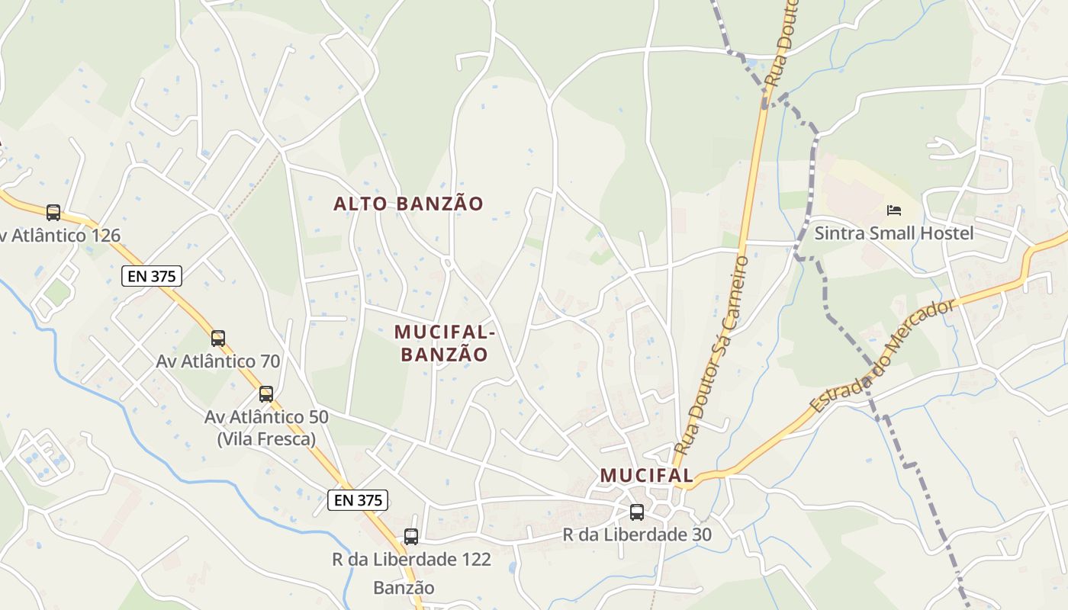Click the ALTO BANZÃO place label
click(409, 204)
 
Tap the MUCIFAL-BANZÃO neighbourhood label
click(445, 343)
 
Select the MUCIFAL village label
click(646, 476)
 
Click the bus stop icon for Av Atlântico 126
click(53, 213)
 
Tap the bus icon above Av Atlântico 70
click(218, 339)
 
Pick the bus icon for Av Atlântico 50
click(266, 394)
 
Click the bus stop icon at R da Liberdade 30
click(637, 512)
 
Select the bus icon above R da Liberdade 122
click(411, 537)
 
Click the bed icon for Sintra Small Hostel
click(894, 210)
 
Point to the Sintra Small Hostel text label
click(894, 233)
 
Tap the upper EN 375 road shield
click(152, 276)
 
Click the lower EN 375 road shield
click(359, 500)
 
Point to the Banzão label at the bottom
click(404, 588)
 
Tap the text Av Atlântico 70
click(218, 361)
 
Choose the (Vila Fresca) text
click(266, 439)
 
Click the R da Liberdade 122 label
click(411, 560)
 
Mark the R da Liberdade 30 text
click(637, 535)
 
